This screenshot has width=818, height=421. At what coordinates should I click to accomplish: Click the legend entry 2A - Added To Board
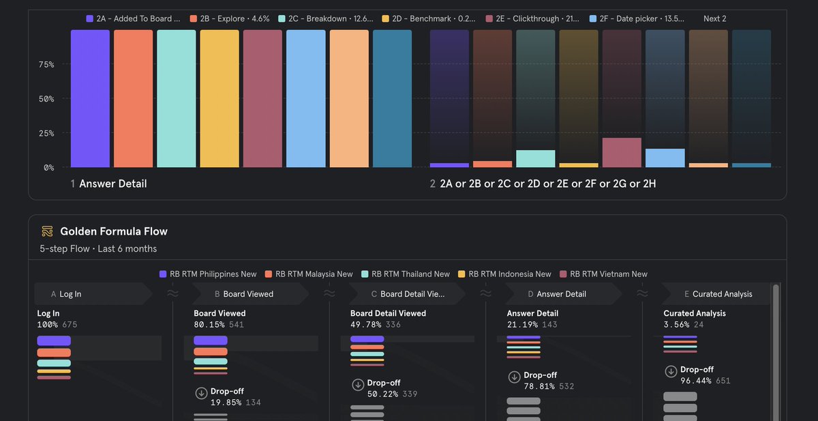click(x=134, y=19)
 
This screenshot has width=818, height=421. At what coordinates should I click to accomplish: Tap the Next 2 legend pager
click(x=714, y=19)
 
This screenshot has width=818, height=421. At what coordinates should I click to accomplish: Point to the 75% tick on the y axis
click(x=46, y=65)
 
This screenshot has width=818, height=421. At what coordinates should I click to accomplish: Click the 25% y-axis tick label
click(x=46, y=133)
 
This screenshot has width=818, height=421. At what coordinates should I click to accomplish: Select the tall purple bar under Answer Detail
click(x=90, y=99)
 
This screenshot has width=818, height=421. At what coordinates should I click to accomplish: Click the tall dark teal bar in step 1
click(x=392, y=99)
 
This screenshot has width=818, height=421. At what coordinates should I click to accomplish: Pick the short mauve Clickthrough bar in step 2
click(x=622, y=152)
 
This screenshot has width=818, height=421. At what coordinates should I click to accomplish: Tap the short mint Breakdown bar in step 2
click(x=535, y=158)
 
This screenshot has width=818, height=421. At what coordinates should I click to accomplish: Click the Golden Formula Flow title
click(x=113, y=231)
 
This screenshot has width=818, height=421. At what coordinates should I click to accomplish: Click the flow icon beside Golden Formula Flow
click(x=47, y=231)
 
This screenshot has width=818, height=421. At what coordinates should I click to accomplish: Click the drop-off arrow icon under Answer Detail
click(x=514, y=377)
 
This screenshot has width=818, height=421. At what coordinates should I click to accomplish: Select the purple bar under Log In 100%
click(x=54, y=340)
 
